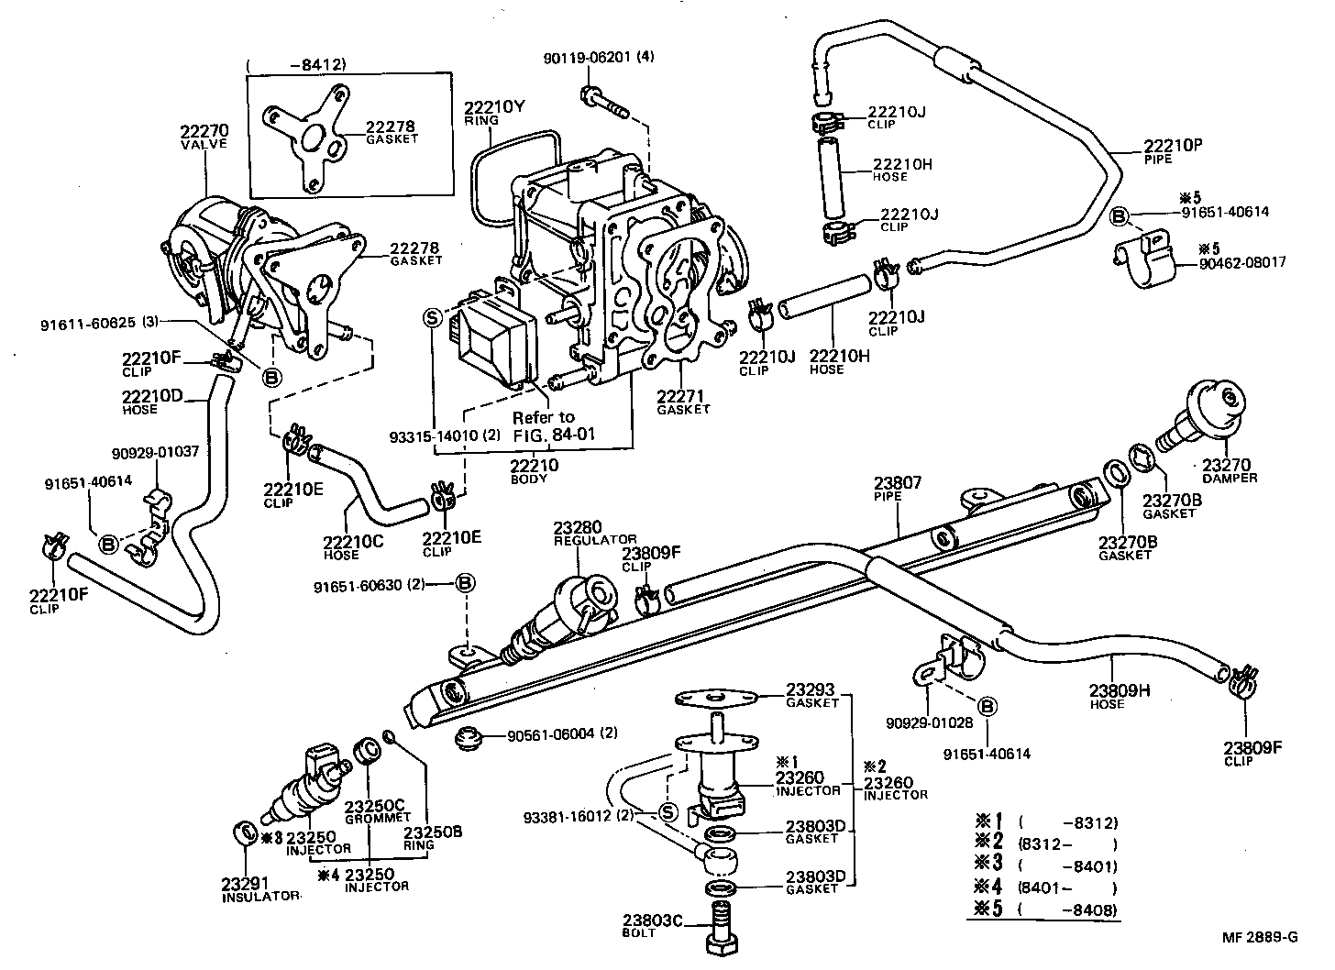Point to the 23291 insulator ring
[x=246, y=833]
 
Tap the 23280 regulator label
[x=577, y=528]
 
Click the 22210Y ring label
[x=493, y=105]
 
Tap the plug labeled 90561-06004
[x=470, y=737]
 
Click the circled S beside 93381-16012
[x=667, y=811]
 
